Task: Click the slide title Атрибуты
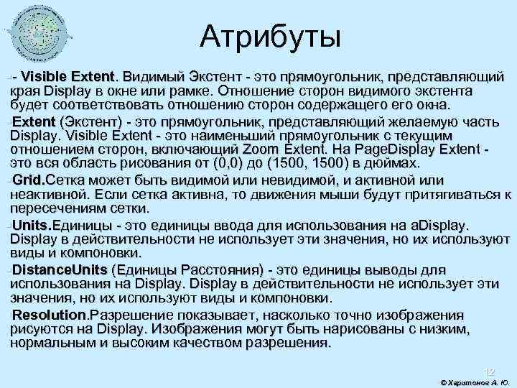click(x=271, y=36)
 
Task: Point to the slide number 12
click(x=488, y=371)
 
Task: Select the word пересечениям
click(x=57, y=208)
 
